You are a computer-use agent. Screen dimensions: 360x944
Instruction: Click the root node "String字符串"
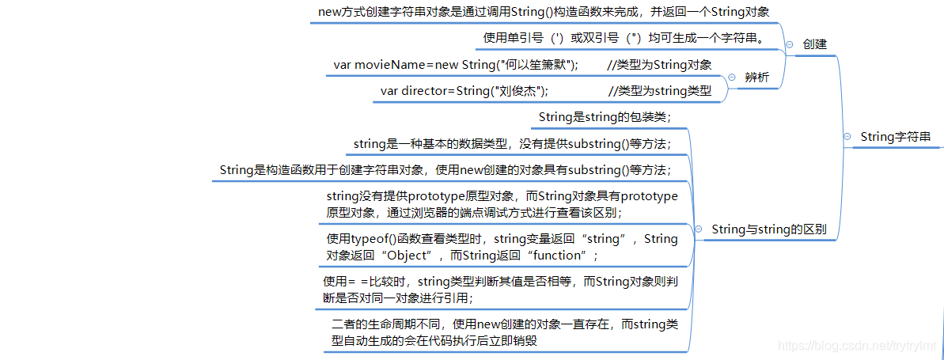pos(896,137)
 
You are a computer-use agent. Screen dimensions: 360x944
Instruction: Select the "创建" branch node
pos(814,44)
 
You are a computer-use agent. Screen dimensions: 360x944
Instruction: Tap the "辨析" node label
pos(757,78)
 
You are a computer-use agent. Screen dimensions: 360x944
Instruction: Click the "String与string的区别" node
pos(769,230)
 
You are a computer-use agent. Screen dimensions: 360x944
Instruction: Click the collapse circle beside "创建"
pos(790,45)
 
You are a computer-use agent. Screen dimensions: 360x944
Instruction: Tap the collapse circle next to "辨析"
pos(731,78)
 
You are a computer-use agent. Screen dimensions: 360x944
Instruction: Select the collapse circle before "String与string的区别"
pos(699,230)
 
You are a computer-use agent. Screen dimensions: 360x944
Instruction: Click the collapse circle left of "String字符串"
pos(847,138)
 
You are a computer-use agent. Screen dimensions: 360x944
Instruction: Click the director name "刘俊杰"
pos(517,91)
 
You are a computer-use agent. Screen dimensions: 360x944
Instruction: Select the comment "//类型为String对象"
pos(659,65)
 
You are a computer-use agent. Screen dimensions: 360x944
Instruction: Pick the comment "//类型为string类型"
pos(659,91)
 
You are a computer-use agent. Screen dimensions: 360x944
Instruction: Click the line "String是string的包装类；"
pos(605,117)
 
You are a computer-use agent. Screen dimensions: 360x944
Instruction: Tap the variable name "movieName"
pos(390,65)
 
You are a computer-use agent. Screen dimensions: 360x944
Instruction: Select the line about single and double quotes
pos(623,38)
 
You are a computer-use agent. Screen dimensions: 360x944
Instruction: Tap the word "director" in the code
pos(427,91)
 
